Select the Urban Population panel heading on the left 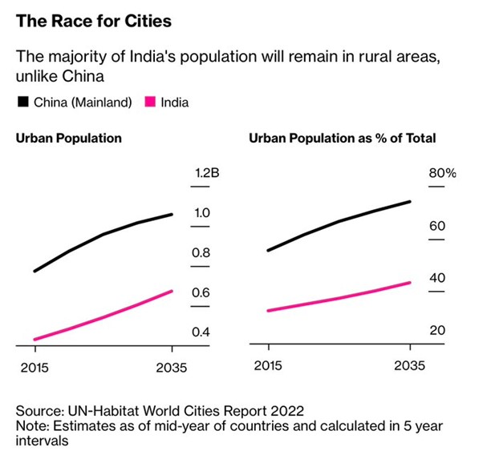point(69,138)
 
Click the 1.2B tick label point(204,174)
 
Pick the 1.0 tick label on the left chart point(201,213)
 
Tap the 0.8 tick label point(201,253)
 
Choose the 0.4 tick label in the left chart point(201,332)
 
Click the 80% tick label point(442,174)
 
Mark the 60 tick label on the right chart point(437,226)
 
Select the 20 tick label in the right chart point(437,331)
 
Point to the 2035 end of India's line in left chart point(172,291)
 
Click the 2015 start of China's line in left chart point(34,271)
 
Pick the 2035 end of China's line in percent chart point(410,202)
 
